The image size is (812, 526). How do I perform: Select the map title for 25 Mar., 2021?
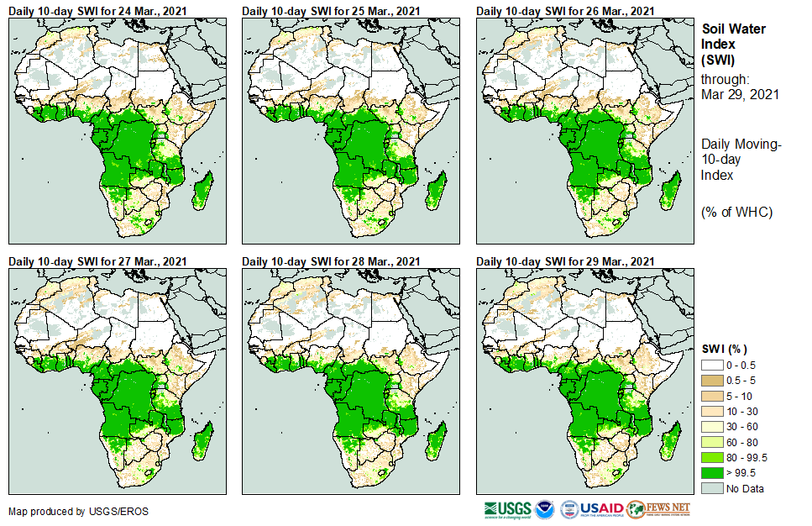[331, 11]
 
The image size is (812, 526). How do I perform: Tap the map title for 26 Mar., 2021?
[565, 11]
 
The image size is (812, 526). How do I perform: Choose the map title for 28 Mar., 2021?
[331, 261]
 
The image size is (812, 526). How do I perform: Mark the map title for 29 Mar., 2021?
[565, 261]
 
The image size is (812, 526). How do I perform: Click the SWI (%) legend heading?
[724, 349]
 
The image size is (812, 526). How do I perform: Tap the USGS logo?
[507, 509]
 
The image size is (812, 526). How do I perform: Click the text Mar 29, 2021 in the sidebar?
[740, 94]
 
